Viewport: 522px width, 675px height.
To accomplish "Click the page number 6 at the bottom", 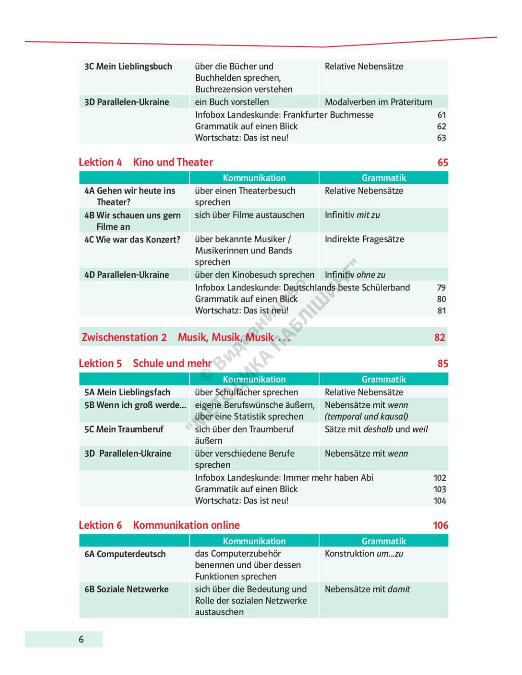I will click(x=81, y=639).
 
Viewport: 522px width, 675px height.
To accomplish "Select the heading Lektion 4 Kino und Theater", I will click(x=146, y=162).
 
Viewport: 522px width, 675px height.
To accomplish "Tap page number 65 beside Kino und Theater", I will click(x=442, y=162).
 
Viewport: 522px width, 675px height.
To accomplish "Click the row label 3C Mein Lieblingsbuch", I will click(x=128, y=66).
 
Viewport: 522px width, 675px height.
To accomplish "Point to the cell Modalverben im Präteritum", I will click(x=378, y=102).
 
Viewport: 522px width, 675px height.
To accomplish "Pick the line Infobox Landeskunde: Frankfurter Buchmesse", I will click(x=284, y=115).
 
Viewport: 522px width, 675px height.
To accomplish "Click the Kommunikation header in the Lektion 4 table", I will click(x=254, y=178).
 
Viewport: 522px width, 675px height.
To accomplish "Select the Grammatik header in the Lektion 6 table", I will click(x=383, y=541).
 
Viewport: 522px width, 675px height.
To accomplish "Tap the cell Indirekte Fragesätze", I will click(x=364, y=239).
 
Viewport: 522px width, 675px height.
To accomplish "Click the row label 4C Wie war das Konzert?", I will click(x=132, y=240).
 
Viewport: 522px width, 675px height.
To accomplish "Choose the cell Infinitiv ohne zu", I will click(x=354, y=275).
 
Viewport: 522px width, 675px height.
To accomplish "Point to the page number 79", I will click(x=441, y=288).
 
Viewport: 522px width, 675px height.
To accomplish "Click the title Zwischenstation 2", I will click(x=124, y=337).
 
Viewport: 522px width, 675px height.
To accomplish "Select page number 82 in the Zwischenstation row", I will click(x=439, y=337).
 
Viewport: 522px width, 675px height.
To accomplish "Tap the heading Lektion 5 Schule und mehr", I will click(x=145, y=364).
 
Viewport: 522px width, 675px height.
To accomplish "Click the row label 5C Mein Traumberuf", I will click(x=124, y=430).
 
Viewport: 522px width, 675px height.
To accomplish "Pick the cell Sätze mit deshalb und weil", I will click(x=376, y=430).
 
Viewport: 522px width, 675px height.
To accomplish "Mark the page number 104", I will click(x=439, y=501).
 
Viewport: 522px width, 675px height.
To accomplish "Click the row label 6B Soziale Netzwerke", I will click(x=126, y=590).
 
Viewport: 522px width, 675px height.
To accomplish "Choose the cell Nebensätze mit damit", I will click(x=367, y=590).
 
